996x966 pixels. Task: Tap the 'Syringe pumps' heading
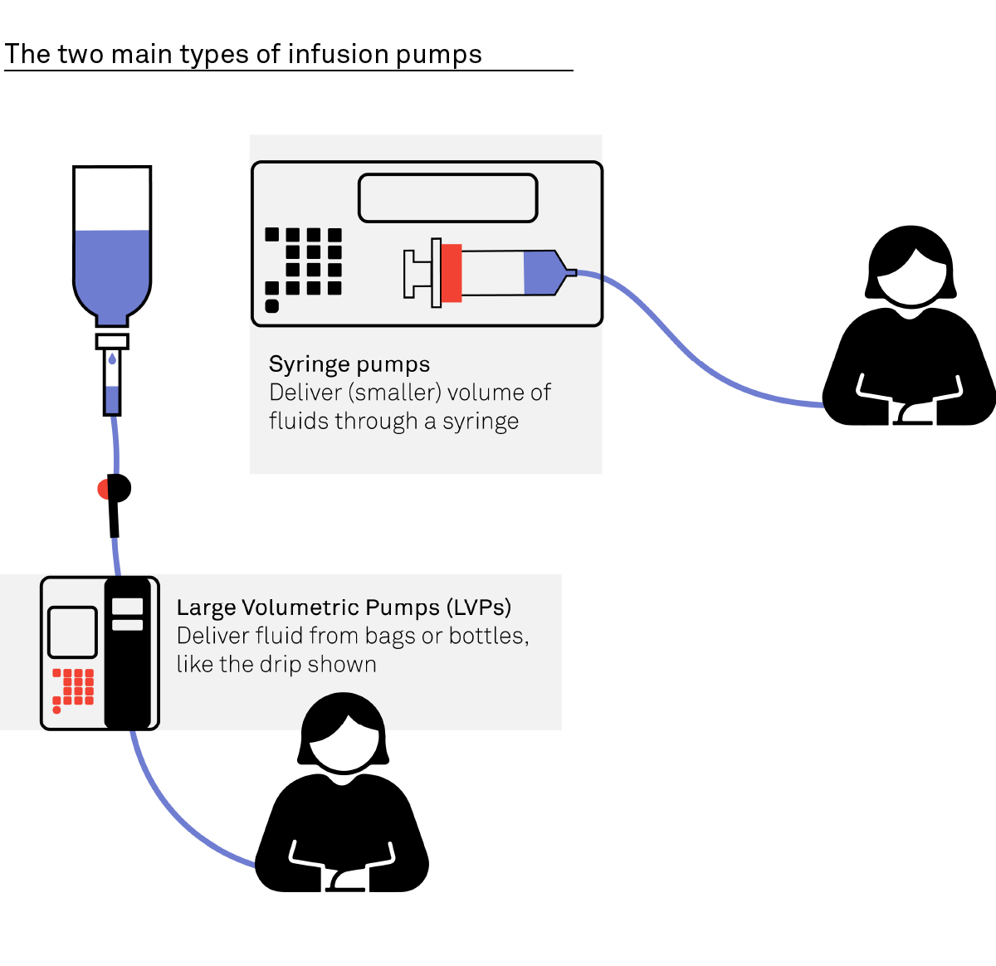click(x=349, y=364)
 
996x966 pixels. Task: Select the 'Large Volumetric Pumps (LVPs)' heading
click(x=344, y=607)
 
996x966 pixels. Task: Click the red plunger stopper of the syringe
click(x=451, y=272)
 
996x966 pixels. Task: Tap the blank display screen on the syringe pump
click(x=447, y=198)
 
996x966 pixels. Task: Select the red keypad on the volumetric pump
click(x=74, y=688)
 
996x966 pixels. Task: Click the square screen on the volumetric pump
click(x=73, y=632)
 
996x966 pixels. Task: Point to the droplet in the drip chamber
click(x=112, y=359)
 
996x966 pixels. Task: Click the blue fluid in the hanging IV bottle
click(x=112, y=270)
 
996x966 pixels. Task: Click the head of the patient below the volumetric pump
click(x=343, y=734)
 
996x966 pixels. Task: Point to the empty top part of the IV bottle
click(x=112, y=198)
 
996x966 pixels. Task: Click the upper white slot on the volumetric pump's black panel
click(x=128, y=607)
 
